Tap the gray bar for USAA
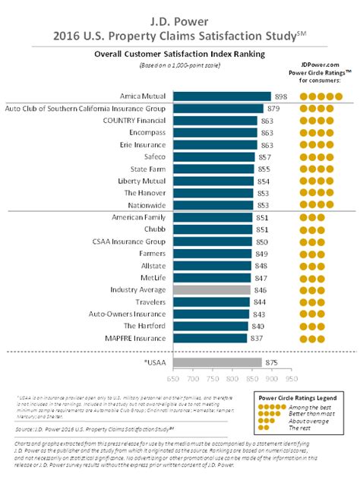coord(217,362)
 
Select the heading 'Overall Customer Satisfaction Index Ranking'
coord(179,55)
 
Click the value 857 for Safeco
coord(264,156)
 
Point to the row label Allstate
coord(153,265)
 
